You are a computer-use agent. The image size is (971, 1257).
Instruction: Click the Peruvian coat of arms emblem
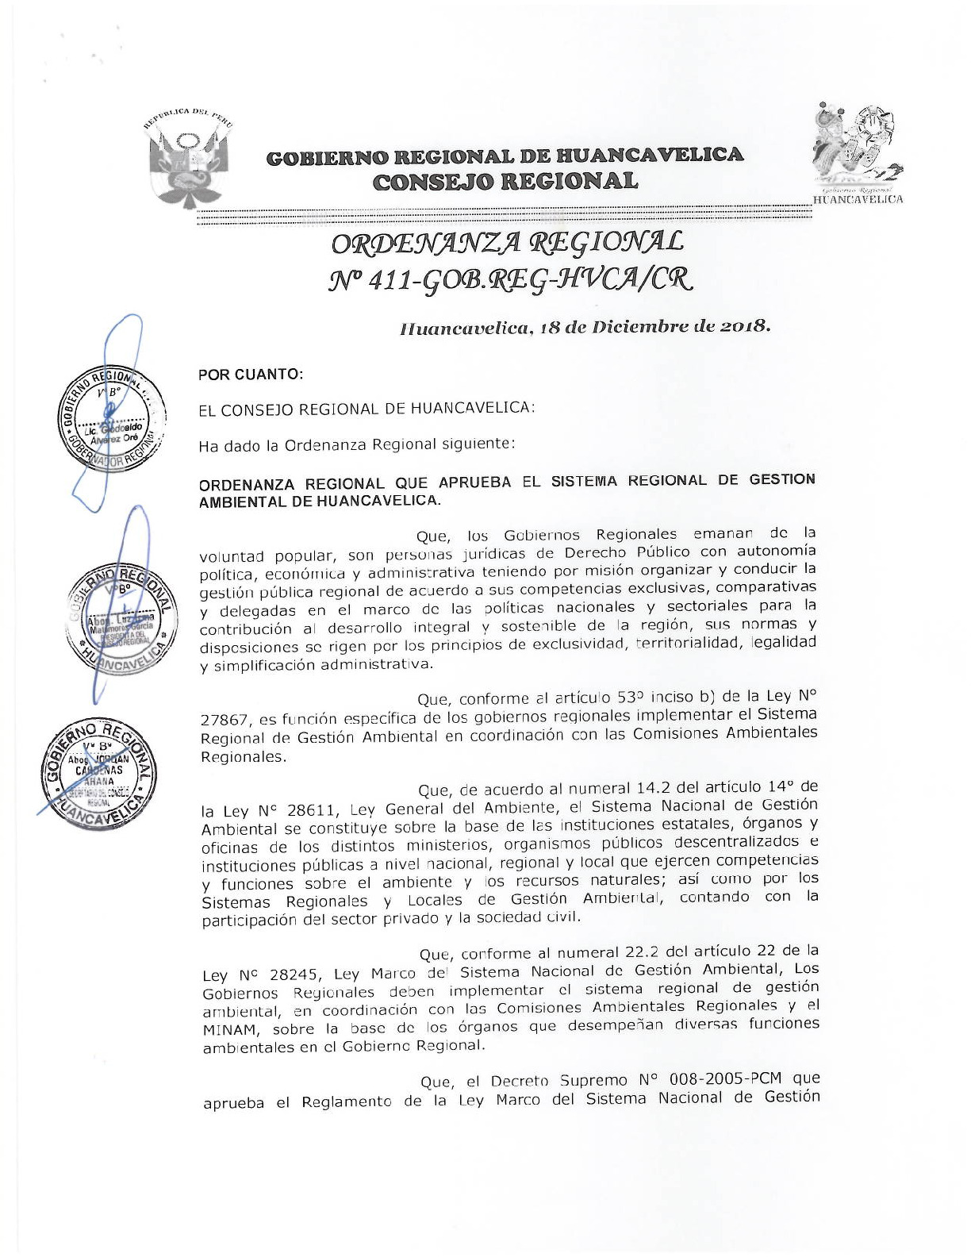188,163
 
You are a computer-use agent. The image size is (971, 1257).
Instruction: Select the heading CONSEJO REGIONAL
505,182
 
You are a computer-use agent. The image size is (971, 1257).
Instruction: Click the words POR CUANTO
251,374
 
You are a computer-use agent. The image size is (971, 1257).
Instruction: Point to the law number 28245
291,974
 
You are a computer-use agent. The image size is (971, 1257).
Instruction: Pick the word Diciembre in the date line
635,327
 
